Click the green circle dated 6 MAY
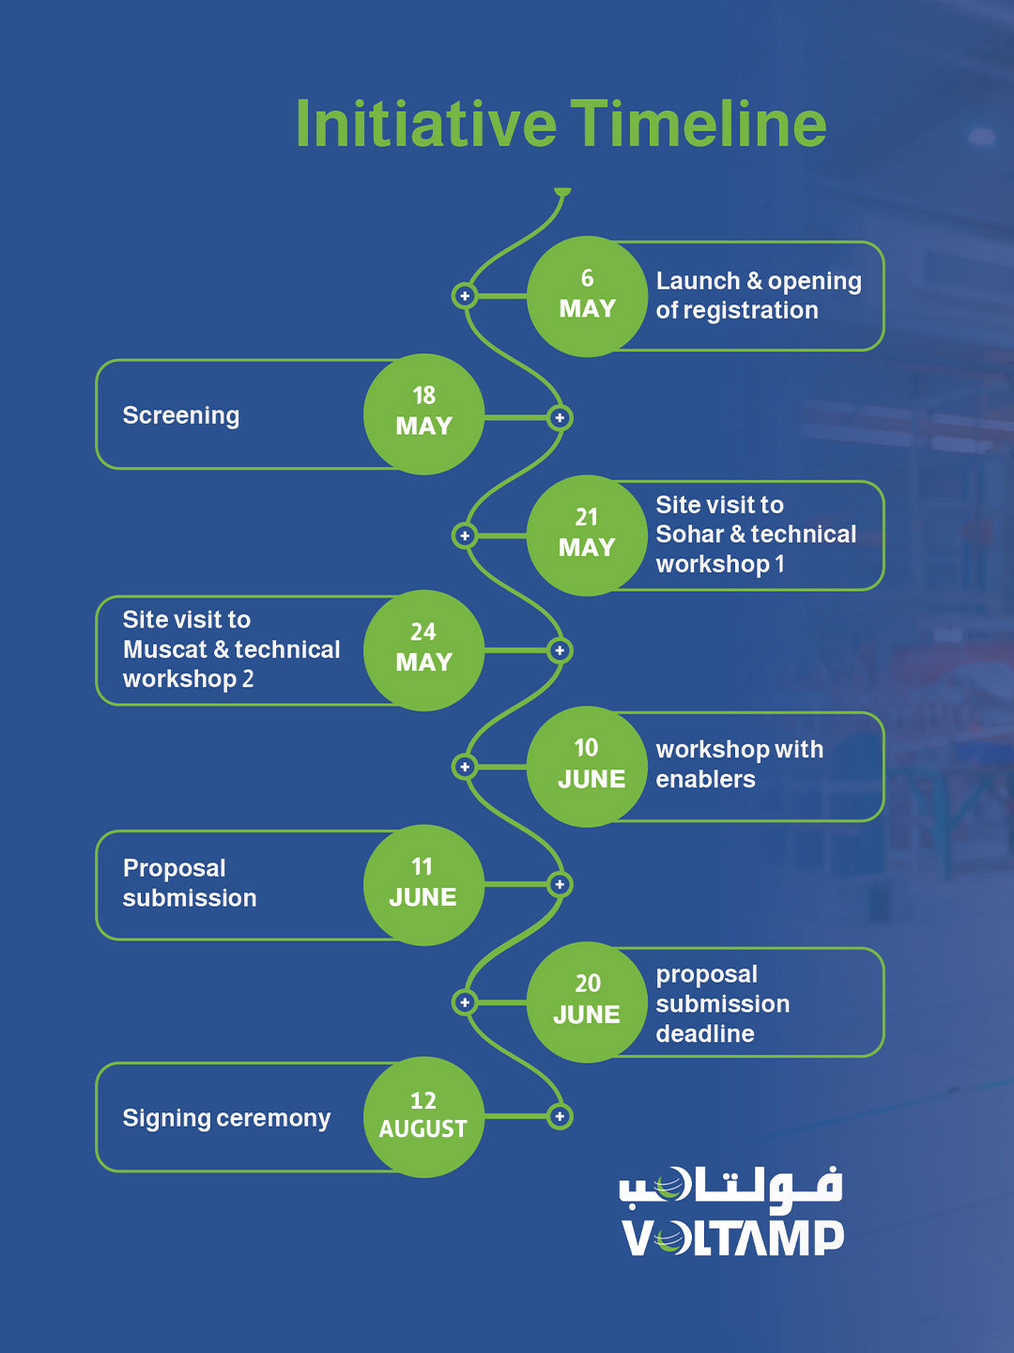(x=588, y=297)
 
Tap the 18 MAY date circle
(x=423, y=414)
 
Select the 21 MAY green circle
(x=588, y=536)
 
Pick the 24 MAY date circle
(x=423, y=651)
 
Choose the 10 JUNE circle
(x=588, y=767)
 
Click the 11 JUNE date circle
(x=423, y=885)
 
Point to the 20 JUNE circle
(x=588, y=1003)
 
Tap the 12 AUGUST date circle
(x=423, y=1117)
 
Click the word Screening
(x=181, y=416)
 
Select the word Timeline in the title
(x=699, y=124)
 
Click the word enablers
(x=705, y=780)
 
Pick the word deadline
(x=705, y=1034)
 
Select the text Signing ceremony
(x=226, y=1119)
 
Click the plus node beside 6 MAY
(x=465, y=296)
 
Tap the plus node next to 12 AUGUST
(x=560, y=1116)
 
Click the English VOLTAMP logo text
(x=732, y=1237)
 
